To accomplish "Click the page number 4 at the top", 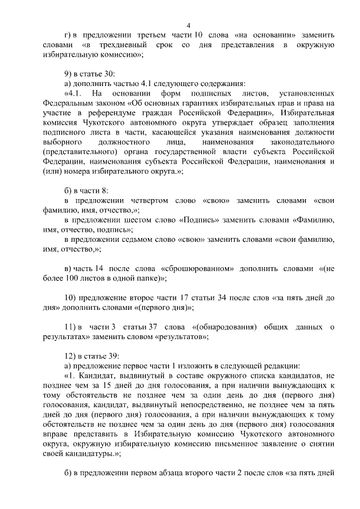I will [188, 25].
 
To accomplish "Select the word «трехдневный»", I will [120, 45].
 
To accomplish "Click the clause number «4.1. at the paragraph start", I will [76, 93].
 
